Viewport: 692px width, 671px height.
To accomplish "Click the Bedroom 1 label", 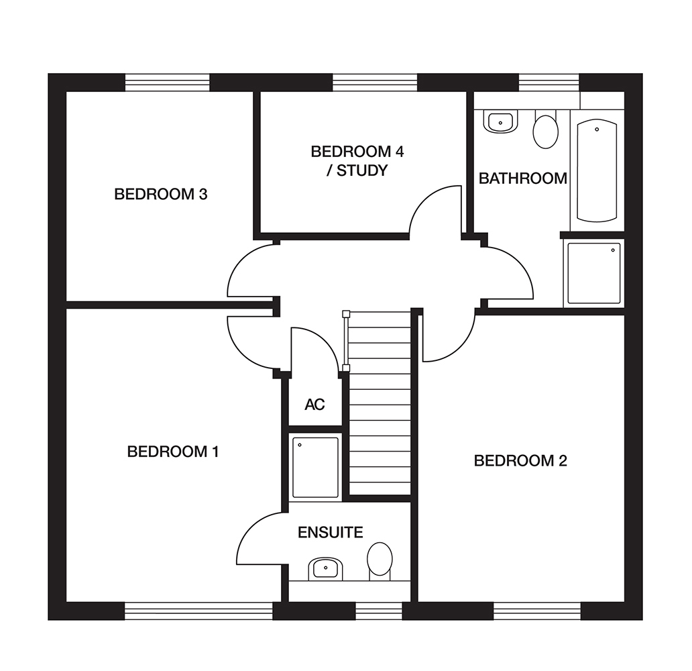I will [173, 452].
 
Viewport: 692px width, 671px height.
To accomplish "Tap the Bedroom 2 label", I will [520, 461].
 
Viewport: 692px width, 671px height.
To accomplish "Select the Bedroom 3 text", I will [160, 195].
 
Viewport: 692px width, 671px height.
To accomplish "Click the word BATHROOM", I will [522, 178].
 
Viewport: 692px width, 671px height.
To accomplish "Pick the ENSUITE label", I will [330, 533].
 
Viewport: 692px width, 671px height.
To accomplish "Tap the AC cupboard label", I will [314, 405].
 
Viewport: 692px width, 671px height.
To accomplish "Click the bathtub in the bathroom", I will [597, 170].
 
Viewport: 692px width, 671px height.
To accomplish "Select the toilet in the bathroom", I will [545, 131].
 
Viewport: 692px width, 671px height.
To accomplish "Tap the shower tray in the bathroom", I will [593, 273].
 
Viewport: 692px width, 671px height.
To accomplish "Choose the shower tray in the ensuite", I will [315, 467].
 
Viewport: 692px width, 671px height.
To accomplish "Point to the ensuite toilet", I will [380, 560].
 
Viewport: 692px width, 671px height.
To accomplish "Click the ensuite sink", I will [326, 569].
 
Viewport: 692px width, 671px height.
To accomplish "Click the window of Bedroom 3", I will [168, 82].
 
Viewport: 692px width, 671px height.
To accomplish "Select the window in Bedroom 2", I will [536, 611].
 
